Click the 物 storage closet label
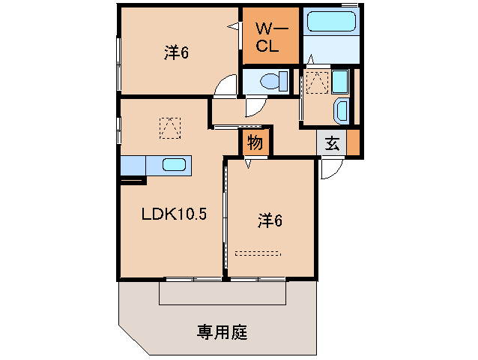255,142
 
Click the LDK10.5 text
174,214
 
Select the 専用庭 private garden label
222,330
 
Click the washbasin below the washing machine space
341,110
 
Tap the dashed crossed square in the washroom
318,82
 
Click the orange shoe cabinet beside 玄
352,142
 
